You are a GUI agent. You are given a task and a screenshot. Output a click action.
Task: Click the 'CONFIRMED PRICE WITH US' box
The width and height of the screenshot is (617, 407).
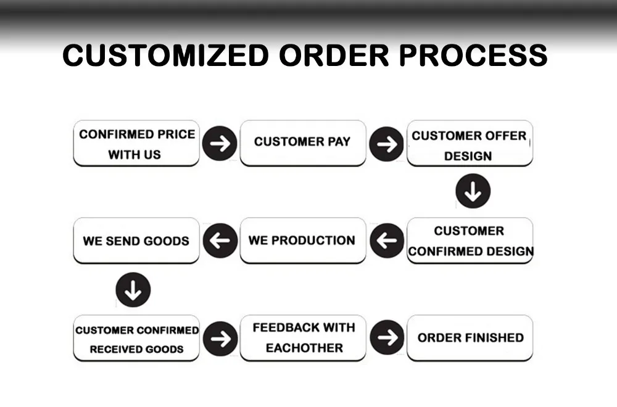[x=136, y=144]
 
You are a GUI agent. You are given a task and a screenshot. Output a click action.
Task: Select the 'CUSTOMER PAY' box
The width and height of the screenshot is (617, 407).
[x=302, y=142]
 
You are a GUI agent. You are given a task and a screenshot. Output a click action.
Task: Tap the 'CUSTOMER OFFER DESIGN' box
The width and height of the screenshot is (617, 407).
[x=470, y=144]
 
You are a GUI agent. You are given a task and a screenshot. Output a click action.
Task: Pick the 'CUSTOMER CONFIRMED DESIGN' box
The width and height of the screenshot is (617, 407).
[x=470, y=240]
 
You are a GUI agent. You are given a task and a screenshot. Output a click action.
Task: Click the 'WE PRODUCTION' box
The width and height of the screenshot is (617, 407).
[x=302, y=240]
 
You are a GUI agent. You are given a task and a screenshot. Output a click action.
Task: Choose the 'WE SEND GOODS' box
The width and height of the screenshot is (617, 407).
[x=136, y=240]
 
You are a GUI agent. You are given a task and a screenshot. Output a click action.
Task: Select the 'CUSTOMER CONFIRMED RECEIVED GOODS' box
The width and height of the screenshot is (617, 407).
[x=136, y=339]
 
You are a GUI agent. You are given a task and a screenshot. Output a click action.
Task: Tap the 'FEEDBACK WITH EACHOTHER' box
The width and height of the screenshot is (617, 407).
[x=302, y=338]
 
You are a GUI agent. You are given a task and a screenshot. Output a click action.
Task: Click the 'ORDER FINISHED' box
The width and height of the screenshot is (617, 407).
[x=470, y=338]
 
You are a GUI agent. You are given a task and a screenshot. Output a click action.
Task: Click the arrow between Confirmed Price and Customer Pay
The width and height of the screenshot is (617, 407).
[x=220, y=143]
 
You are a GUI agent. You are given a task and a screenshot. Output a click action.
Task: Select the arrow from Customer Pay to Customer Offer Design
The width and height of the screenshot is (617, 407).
[x=386, y=144]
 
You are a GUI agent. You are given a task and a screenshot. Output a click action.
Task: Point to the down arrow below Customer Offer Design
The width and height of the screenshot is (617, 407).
[x=473, y=192]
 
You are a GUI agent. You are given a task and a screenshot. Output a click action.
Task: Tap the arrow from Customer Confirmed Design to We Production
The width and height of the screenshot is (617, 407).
[x=386, y=240]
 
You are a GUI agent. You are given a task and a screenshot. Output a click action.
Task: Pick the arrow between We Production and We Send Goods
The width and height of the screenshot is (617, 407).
[x=220, y=240]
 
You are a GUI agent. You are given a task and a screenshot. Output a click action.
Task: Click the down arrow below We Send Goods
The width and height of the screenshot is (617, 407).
[x=133, y=289]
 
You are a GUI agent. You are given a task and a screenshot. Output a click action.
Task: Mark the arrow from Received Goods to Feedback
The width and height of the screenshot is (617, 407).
[x=220, y=338]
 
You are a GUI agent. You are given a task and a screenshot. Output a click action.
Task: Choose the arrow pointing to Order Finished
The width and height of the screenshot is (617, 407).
[x=386, y=338]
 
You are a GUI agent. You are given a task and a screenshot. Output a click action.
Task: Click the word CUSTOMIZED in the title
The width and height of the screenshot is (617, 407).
[x=165, y=55]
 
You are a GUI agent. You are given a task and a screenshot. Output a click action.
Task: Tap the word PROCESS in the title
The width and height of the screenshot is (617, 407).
[x=473, y=55]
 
